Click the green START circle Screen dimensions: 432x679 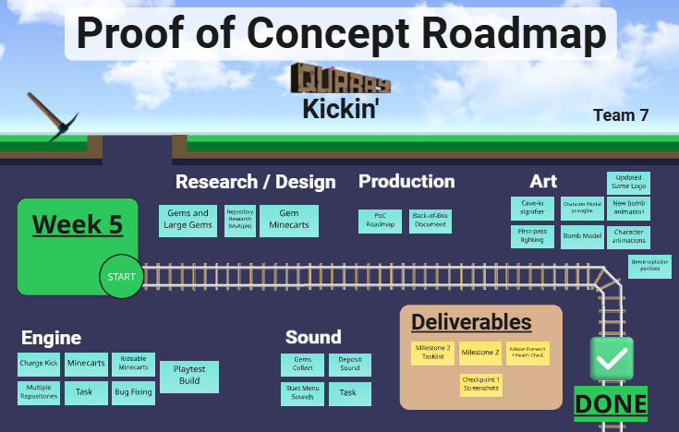121,276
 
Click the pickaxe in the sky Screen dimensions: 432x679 52,116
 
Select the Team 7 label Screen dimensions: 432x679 621,115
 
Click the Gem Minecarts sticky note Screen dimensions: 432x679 289,220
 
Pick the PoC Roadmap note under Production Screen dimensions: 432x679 380,222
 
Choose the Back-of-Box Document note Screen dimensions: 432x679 430,222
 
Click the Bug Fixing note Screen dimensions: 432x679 133,393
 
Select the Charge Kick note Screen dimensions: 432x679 39,364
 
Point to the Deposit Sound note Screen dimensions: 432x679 349,365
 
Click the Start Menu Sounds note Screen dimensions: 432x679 302,394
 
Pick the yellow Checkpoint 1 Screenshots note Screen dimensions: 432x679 480,384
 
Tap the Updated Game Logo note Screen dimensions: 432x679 628,182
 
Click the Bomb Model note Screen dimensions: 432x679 582,236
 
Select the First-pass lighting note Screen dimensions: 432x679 533,236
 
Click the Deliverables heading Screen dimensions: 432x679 471,322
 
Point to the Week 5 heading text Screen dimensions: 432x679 77,224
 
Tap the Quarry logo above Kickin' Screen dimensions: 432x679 340,79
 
